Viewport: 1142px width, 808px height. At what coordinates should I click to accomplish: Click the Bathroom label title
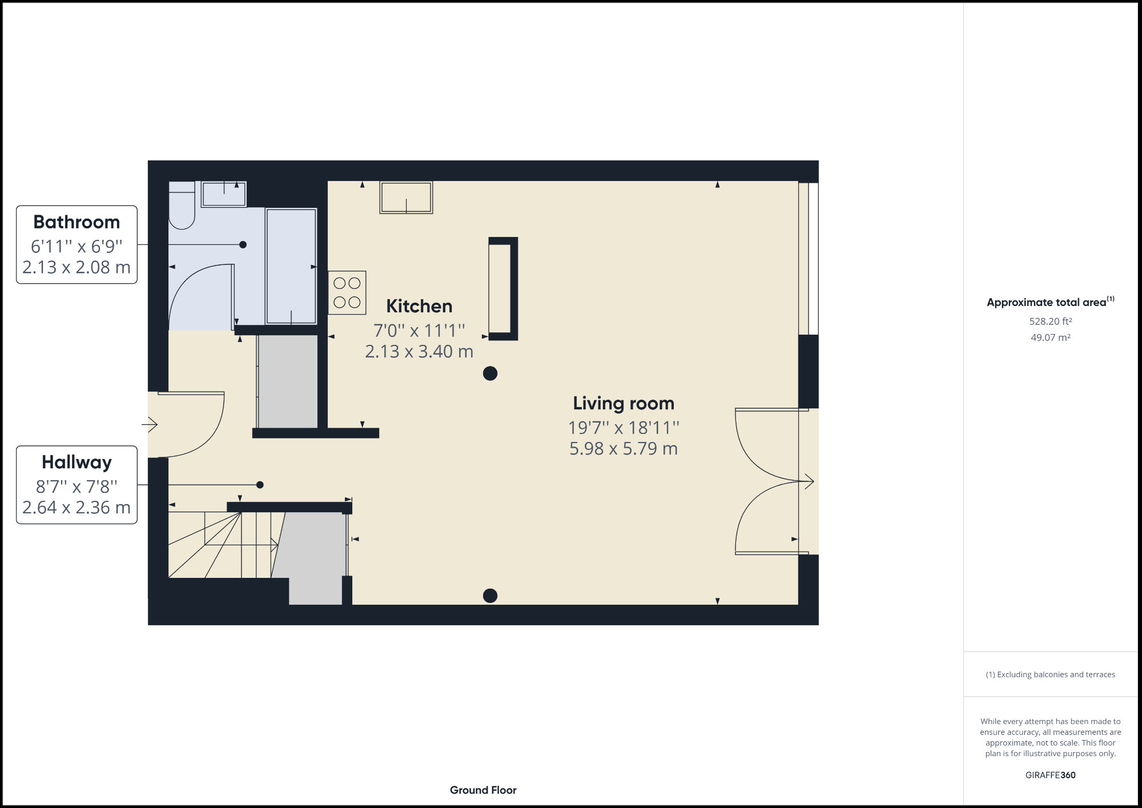pos(77,222)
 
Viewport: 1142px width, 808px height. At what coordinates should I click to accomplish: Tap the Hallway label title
pos(77,462)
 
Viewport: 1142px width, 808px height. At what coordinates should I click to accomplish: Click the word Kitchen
pos(419,306)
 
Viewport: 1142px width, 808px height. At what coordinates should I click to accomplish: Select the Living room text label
pos(624,403)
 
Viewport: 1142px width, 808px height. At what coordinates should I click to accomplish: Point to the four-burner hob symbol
pos(347,292)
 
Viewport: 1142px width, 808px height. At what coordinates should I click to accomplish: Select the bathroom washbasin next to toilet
pos(224,194)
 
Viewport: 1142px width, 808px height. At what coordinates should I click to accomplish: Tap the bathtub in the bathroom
pos(291,266)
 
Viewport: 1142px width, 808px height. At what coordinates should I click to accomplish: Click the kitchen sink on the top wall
pos(406,197)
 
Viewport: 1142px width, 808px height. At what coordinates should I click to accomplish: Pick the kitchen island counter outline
pos(504,288)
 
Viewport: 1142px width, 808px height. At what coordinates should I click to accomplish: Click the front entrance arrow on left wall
pos(150,424)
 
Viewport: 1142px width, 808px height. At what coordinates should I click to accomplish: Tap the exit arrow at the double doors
pos(807,481)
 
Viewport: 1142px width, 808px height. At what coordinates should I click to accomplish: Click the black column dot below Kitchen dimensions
pos(490,373)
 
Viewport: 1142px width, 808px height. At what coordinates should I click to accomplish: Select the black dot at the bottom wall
pos(490,596)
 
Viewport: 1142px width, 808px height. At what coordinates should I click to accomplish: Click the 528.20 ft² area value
pos(1050,321)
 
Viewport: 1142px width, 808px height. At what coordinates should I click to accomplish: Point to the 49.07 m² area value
pos(1050,337)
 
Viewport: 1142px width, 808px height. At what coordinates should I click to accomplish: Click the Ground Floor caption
pos(483,790)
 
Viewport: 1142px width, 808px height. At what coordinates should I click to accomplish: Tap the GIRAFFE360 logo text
pos(1050,775)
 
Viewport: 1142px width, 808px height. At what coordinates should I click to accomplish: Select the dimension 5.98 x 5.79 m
pos(624,449)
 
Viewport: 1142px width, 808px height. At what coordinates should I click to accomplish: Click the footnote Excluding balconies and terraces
pos(1050,674)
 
